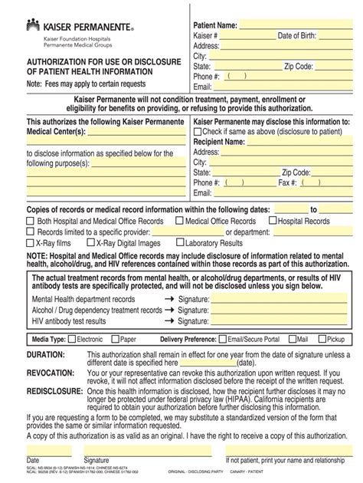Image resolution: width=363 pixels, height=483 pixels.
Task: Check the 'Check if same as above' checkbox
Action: coord(198,132)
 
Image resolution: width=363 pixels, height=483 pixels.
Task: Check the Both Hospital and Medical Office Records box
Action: coord(31,221)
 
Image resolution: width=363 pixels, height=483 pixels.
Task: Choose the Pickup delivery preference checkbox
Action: coord(320,337)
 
